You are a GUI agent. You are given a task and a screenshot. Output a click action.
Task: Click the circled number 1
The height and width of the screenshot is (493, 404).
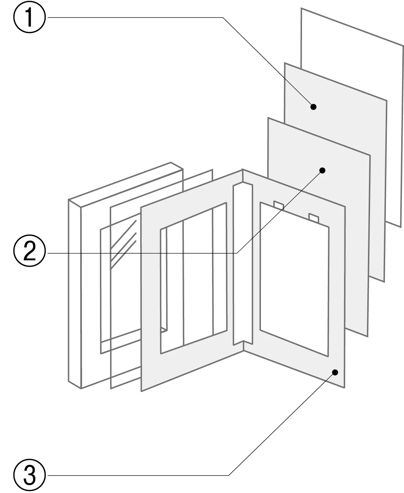(x=29, y=17)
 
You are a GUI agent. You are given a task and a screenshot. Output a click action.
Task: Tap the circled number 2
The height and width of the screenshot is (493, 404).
(x=29, y=252)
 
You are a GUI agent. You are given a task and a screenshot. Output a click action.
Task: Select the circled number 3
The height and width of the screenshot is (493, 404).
(x=29, y=475)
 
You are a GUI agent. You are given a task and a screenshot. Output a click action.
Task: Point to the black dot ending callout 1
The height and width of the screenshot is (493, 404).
(x=313, y=107)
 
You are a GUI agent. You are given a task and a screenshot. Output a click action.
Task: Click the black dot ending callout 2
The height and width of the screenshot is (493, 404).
(x=322, y=170)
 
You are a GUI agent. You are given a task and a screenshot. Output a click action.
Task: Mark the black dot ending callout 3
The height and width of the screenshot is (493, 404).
(x=335, y=372)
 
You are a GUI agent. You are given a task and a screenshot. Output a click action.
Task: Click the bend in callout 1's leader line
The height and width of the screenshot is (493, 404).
(x=223, y=18)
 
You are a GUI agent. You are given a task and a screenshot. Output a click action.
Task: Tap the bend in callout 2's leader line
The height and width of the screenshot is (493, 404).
(x=237, y=253)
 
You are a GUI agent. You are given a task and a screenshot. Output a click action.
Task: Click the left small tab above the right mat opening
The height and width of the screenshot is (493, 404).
(x=279, y=205)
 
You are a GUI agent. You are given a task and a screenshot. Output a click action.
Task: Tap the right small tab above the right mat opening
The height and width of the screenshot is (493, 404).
(x=314, y=218)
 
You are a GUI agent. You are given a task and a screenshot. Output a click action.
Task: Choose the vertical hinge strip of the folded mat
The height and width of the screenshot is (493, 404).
(x=242, y=263)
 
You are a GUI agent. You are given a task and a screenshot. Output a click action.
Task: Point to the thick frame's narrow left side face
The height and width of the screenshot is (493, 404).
(x=75, y=293)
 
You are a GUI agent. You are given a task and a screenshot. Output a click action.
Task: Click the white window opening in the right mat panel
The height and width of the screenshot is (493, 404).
(x=294, y=280)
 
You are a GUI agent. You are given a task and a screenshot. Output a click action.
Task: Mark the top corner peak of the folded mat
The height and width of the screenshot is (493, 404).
(x=243, y=170)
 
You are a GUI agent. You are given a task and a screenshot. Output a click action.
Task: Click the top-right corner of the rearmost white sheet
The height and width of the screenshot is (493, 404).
(x=403, y=46)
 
